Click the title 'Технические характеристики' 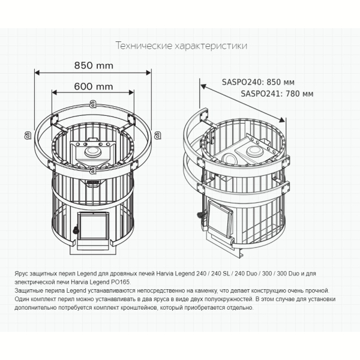point(181,46)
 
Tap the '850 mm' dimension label point(94,65)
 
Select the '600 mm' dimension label point(94,86)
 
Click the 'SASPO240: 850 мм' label point(258,82)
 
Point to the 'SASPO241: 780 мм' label point(277,94)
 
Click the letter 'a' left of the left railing point(28,135)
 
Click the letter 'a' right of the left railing point(157,135)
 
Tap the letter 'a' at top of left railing point(93,104)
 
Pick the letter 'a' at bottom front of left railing point(93,170)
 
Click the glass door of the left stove point(93,226)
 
